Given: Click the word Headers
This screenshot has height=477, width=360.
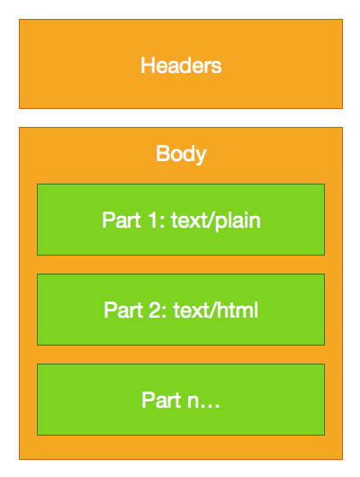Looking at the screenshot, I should tap(181, 66).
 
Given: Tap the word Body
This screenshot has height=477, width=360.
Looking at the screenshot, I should tap(181, 154).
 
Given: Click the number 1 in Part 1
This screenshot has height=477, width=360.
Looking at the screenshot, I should tap(148, 220).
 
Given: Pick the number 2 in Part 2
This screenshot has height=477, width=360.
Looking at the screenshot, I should tap(150, 310).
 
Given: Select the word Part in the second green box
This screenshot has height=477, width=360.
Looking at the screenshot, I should tap(121, 310).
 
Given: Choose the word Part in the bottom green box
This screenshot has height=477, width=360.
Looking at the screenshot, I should tap(159, 400).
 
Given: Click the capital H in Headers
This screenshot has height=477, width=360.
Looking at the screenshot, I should tap(147, 66).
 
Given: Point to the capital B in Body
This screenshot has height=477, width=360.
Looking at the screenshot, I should tap(162, 154).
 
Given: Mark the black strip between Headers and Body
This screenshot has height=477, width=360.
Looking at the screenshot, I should tap(180, 118).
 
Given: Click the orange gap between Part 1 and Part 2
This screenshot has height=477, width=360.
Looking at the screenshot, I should tap(180, 265).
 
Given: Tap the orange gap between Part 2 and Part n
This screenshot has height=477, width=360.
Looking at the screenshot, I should tap(180, 355).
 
